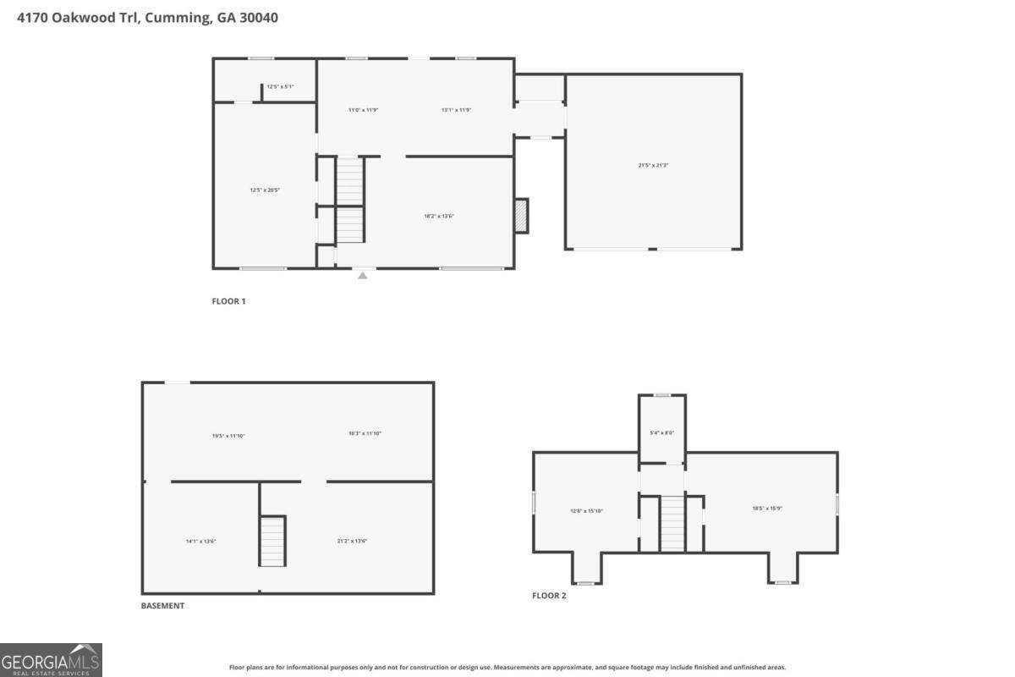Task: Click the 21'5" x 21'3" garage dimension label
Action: (654, 165)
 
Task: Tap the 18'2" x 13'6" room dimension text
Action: (439, 216)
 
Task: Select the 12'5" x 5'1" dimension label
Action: (280, 86)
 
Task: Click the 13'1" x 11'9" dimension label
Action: (456, 109)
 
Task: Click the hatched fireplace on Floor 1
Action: (522, 215)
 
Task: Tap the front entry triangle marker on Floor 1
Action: (363, 274)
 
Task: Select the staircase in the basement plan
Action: (272, 541)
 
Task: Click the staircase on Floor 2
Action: (672, 524)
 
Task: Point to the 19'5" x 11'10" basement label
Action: (228, 436)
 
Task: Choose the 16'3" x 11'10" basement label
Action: (365, 433)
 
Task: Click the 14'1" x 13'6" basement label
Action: (201, 541)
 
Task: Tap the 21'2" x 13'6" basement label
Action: (352, 541)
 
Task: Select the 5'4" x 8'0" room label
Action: (661, 432)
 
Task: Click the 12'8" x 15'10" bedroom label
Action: (586, 510)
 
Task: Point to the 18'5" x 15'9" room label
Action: (768, 509)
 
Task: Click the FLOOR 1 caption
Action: (228, 301)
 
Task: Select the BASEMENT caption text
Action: (162, 606)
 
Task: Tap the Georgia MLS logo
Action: (51, 660)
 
